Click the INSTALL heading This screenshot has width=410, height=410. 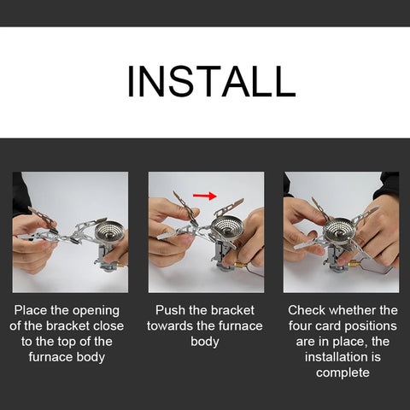coord(211,81)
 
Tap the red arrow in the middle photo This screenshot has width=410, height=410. coord(205,196)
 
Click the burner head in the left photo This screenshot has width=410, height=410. coord(109,230)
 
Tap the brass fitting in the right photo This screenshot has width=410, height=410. coord(354,264)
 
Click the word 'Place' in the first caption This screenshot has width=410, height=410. coord(31,310)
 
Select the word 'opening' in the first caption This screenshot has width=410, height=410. coord(96,311)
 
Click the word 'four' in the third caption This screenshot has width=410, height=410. coord(300,326)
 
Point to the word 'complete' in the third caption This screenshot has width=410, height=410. coord(343,373)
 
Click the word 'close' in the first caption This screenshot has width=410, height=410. coord(109,326)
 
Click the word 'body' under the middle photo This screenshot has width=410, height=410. coord(205,343)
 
